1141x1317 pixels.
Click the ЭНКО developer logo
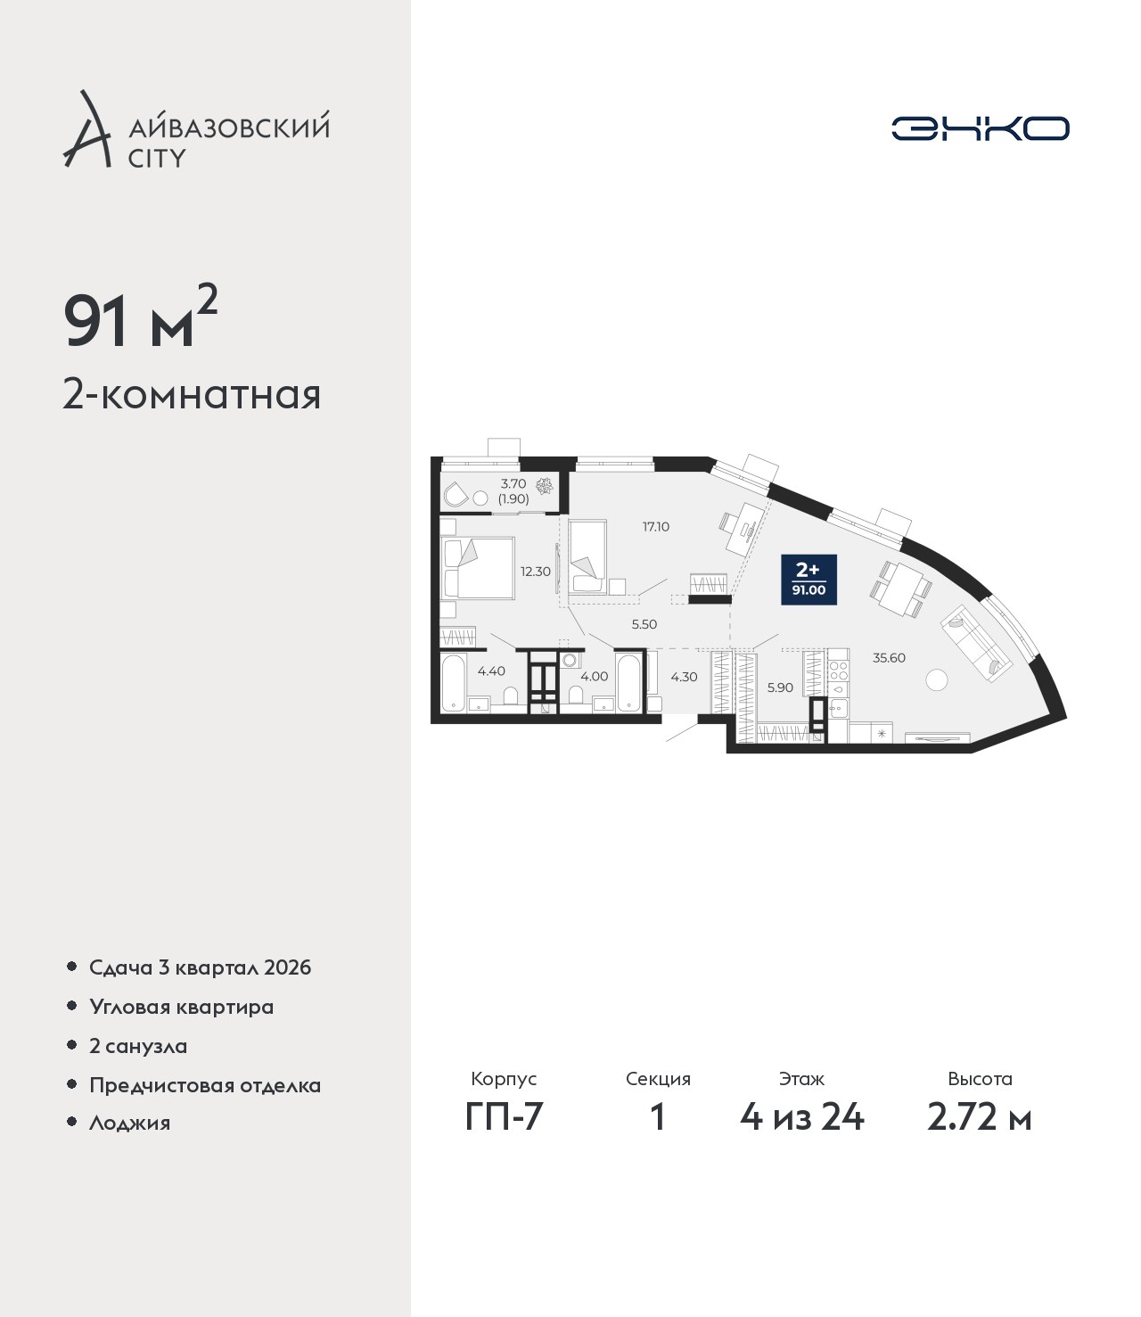(980, 128)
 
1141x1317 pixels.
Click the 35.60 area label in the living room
(889, 657)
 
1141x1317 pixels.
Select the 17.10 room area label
(655, 526)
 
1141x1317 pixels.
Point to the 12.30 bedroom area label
(535, 572)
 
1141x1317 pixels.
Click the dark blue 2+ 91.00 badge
(809, 580)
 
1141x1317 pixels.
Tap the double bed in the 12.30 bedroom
(478, 568)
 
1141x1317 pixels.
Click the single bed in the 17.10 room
(588, 557)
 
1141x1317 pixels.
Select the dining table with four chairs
(901, 589)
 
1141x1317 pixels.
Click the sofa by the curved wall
(977, 644)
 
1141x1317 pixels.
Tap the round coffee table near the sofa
(937, 679)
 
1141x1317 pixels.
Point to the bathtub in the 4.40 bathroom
(454, 682)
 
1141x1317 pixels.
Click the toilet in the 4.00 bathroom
(576, 696)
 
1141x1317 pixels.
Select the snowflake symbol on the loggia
(544, 486)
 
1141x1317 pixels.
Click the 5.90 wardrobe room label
(780, 687)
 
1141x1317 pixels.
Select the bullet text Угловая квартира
(182, 1008)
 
